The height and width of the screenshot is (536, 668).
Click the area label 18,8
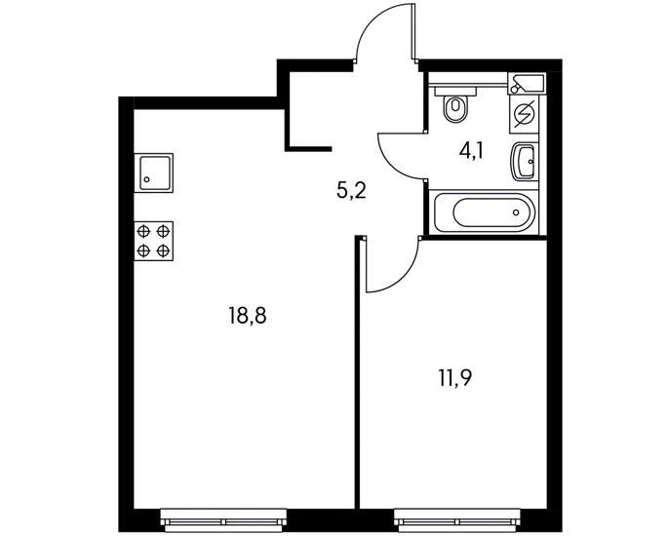pos(248,315)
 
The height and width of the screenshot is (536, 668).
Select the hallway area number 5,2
pos(351,190)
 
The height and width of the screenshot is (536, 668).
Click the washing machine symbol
pos(524,114)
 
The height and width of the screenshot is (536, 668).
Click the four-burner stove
pos(153,240)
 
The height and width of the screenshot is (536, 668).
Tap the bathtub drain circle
pos(516,211)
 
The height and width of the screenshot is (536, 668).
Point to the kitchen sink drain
pos(146,179)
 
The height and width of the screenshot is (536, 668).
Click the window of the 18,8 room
pos(223,514)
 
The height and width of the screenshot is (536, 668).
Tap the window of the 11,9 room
pos(455,514)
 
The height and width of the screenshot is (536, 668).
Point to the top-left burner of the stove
pos(144,231)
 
